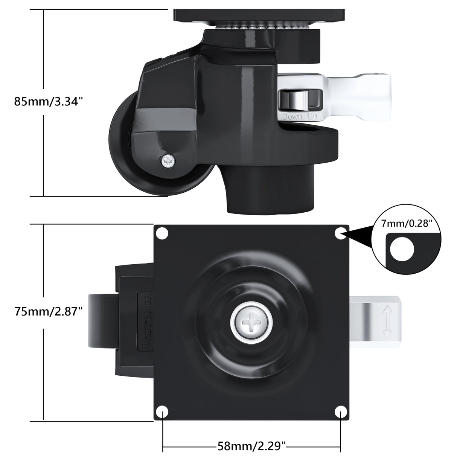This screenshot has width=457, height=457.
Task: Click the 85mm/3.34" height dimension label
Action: pos(48,101)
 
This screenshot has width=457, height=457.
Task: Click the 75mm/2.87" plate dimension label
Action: pos(48,311)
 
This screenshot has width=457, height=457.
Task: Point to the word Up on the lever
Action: pos(312,116)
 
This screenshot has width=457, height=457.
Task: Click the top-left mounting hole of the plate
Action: pos(162,233)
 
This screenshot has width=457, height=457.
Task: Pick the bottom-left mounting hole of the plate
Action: pos(162,411)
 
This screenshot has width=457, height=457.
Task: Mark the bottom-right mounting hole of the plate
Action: pos(341,411)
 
